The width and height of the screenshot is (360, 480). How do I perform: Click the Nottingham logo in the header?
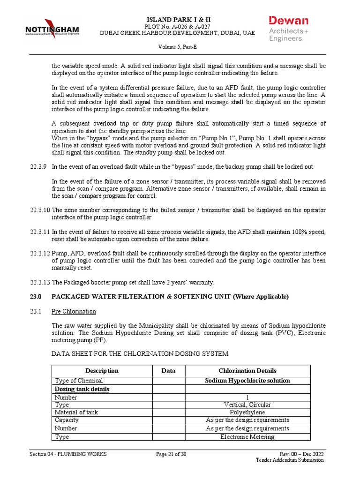point(52,29)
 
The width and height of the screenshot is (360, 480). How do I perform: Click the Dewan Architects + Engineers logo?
point(288,29)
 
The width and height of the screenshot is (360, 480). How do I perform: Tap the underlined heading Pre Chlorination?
point(74,311)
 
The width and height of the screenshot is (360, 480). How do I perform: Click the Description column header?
point(102,371)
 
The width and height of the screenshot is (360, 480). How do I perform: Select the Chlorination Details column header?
point(247,371)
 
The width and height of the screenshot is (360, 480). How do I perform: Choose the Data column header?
point(168,371)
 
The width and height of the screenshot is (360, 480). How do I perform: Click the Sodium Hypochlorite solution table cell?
point(247,381)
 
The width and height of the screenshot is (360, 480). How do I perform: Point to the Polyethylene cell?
point(247,412)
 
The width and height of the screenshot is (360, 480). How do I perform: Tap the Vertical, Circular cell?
point(247,405)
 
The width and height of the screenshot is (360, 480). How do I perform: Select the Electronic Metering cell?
point(247,437)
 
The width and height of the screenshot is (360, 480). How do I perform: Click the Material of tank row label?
point(76,412)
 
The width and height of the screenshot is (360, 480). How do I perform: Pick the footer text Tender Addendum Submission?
point(289,460)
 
